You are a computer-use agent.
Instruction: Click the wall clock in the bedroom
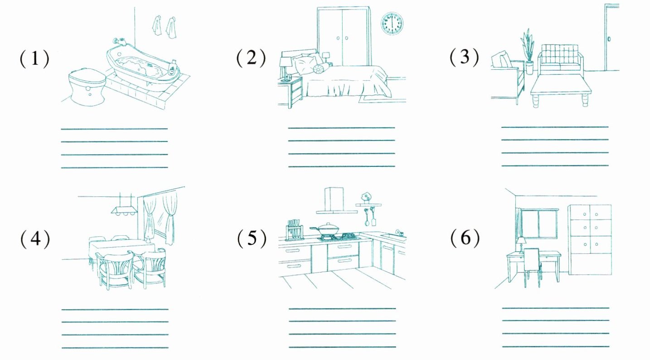click(x=392, y=24)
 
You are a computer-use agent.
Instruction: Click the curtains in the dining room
click(x=160, y=218)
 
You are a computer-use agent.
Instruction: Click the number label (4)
click(x=34, y=239)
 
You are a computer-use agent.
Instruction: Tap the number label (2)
click(x=251, y=58)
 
